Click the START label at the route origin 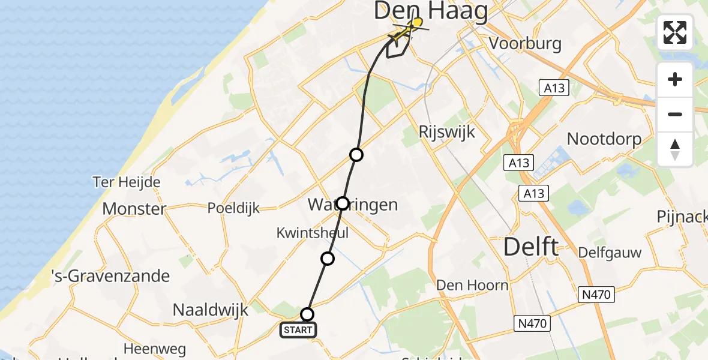(x=298, y=329)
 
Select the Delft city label (x=530, y=247)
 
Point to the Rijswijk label (x=447, y=131)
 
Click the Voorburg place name (x=525, y=43)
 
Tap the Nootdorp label (x=604, y=139)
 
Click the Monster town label (x=134, y=209)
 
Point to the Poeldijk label (x=233, y=208)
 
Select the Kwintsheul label (x=312, y=232)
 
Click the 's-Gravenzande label (x=111, y=277)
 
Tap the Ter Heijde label (x=126, y=182)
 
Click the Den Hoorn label (x=473, y=284)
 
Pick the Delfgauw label (x=610, y=253)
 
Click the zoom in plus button (x=675, y=79)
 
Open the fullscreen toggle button (x=675, y=32)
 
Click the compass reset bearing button (x=675, y=149)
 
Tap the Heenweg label (x=154, y=348)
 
